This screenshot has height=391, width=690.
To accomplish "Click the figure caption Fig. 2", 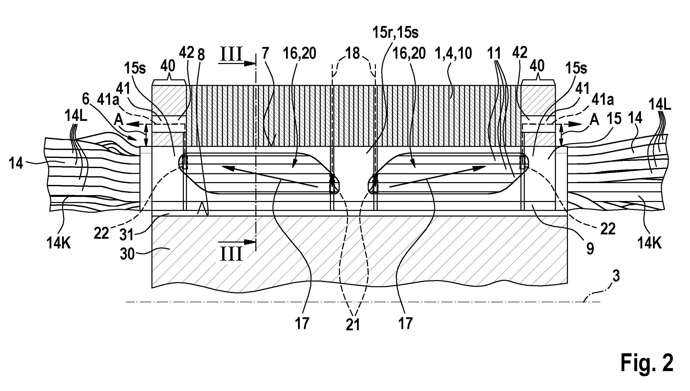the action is click(x=646, y=363).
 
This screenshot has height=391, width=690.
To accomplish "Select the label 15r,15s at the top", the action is click(x=395, y=33).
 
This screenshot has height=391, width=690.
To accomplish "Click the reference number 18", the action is click(x=353, y=54).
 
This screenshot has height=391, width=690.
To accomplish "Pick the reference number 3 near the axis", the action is click(x=615, y=275).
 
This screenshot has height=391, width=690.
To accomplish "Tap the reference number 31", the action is click(x=127, y=234).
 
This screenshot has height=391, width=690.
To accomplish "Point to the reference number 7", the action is click(x=265, y=54).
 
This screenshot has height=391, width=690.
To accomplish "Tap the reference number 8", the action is click(x=201, y=55).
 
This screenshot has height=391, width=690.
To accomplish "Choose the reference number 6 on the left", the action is click(x=86, y=100).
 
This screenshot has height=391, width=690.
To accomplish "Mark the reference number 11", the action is click(x=494, y=54).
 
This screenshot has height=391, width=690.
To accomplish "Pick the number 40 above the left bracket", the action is click(x=168, y=66).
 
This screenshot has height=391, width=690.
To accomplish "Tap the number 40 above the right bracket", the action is click(x=537, y=66).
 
